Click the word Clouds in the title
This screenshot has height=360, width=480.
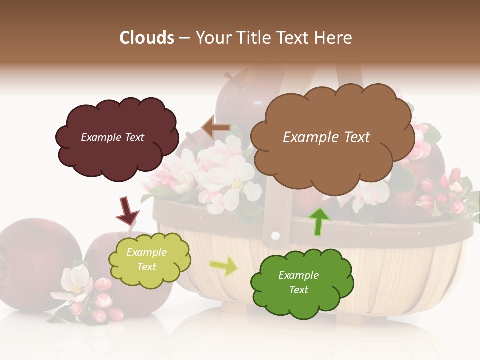point(147,38)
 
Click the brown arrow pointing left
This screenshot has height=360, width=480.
point(216,127)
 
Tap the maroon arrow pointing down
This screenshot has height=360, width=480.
point(127,210)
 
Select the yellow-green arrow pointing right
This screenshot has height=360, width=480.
point(224,265)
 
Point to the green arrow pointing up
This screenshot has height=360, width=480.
point(318,221)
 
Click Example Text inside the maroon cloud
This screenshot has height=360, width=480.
point(112,137)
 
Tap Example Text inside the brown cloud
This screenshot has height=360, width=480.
point(326,137)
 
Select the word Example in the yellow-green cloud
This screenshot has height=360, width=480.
point(146,253)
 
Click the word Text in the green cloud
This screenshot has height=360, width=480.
point(298,290)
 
